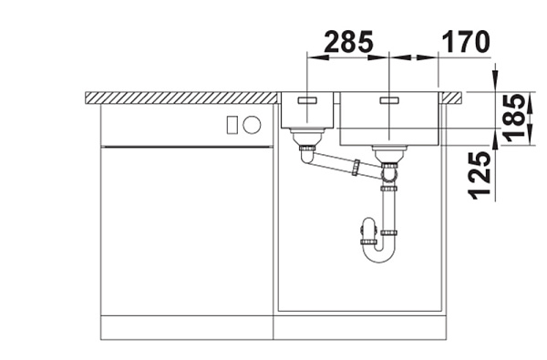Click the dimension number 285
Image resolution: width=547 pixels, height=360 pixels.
click(x=348, y=42)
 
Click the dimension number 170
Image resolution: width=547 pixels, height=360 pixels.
click(x=466, y=42)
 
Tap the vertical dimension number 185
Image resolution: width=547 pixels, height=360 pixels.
click(x=514, y=118)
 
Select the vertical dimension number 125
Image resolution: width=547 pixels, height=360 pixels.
click(x=480, y=176)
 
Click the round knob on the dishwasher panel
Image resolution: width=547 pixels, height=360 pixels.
click(x=252, y=125)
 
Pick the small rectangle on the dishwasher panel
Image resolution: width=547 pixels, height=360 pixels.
click(x=232, y=125)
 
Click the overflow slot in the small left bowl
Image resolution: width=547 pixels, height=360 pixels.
click(x=307, y=100)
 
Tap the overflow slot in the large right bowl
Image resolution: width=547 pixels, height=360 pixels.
click(x=389, y=100)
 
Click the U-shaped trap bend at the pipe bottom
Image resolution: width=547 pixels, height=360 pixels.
click(x=379, y=253)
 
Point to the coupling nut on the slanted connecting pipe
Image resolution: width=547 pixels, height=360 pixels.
click(x=356, y=167)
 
